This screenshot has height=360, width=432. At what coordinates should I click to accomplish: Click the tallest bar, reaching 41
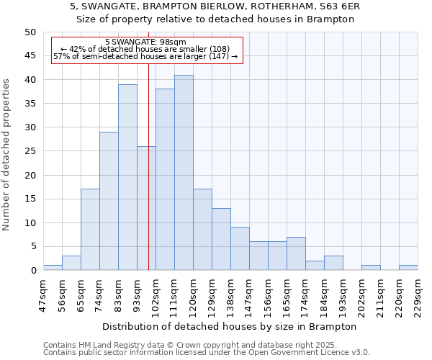[x=184, y=173]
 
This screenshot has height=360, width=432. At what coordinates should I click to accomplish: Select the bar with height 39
[x=127, y=177]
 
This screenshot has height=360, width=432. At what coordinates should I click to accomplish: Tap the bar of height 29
[x=109, y=201]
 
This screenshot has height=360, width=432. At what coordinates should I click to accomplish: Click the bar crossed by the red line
[x=146, y=208]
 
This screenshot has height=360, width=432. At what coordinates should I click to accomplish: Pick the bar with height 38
[x=165, y=179]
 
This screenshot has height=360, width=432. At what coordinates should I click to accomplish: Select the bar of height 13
[x=221, y=239]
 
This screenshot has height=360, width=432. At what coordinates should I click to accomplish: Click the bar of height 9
[x=240, y=248]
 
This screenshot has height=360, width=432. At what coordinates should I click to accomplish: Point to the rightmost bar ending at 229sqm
[x=408, y=268]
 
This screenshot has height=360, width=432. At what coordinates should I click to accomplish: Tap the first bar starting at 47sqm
[x=53, y=268]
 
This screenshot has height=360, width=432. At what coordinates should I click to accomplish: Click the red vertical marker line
[x=148, y=108]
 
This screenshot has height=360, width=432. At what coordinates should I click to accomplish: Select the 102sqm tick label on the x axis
[x=155, y=295]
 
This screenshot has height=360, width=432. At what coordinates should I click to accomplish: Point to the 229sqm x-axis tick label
[x=417, y=295]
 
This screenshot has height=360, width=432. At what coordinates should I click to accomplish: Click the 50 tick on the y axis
[x=30, y=32]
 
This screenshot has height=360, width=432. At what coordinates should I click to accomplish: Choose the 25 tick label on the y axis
[x=30, y=151]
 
